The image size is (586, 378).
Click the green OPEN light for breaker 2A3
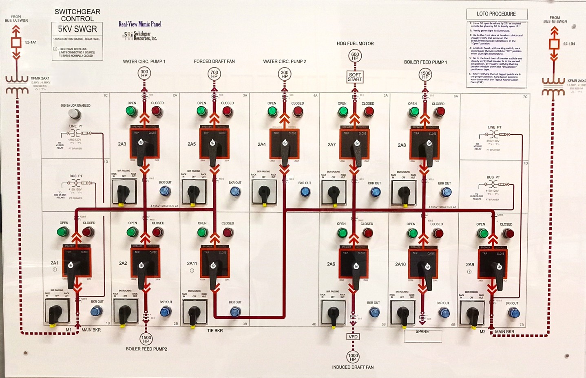coord(131,111)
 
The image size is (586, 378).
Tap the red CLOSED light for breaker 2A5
coord(227,111)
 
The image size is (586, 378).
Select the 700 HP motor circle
coord(214,74)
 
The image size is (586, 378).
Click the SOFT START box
coord(355,77)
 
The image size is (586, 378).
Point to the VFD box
coord(353,337)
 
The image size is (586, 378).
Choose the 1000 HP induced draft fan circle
coord(353,357)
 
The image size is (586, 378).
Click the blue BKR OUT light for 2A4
coord(305,192)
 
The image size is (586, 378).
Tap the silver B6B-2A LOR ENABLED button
coord(74,114)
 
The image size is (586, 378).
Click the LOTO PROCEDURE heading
coord(496,14)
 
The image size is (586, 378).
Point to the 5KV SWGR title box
coord(77,29)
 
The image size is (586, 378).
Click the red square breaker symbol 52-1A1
coord(16,42)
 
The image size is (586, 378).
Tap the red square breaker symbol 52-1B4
coord(554,44)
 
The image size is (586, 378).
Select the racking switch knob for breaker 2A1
coord(55,313)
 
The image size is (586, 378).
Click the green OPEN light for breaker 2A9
coord(483,234)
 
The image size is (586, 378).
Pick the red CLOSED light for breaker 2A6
coord(367,233)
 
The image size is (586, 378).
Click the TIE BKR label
coord(215,331)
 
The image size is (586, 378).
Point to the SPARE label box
coord(422,335)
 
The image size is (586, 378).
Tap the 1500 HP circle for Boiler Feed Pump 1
coord(425,75)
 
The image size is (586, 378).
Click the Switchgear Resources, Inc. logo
coord(140,36)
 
